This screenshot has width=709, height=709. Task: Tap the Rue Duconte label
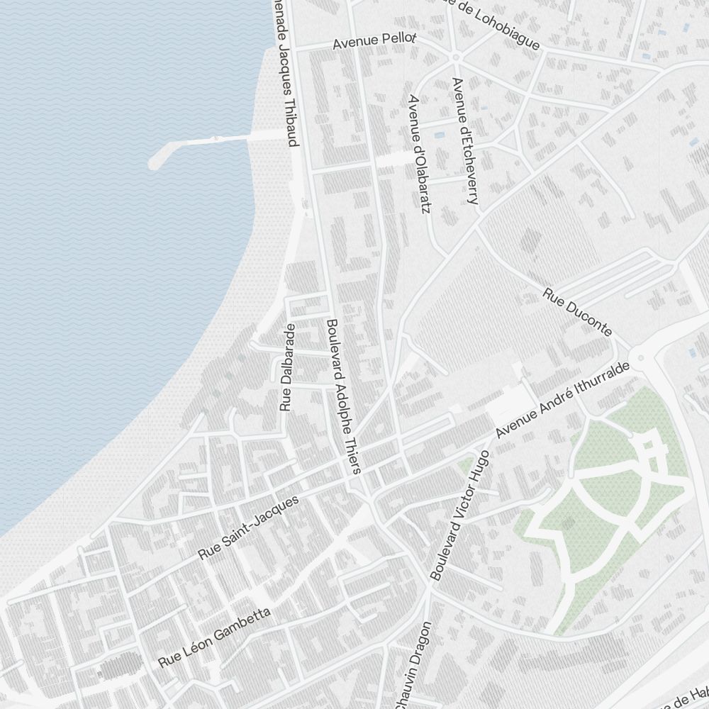click(x=577, y=312)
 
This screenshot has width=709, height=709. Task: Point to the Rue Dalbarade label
click(x=286, y=367)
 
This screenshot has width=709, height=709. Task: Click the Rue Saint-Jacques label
click(x=249, y=527)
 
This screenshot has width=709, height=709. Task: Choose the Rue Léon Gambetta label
click(x=215, y=637)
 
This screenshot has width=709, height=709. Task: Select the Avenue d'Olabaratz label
click(x=419, y=154)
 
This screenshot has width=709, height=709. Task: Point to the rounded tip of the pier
click(x=153, y=163)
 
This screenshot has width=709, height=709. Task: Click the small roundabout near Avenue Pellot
click(x=456, y=56)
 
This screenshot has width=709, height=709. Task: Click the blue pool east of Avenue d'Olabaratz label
click(x=440, y=134)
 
